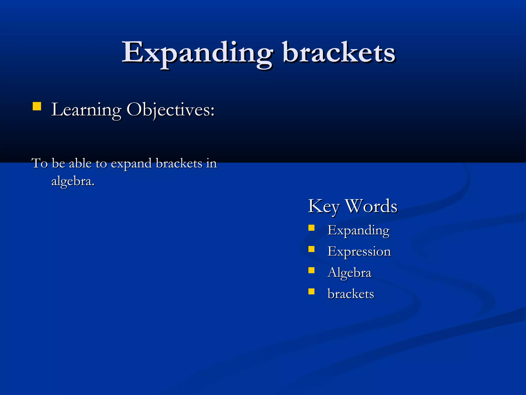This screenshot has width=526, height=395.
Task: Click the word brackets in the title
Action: tap(339, 53)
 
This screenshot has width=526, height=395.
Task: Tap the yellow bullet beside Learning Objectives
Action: tap(37, 106)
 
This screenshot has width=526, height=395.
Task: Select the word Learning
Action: tap(86, 110)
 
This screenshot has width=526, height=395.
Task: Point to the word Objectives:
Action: tap(171, 110)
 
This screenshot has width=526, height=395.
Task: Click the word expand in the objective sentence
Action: tap(131, 164)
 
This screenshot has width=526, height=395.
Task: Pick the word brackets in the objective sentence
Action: tap(179, 164)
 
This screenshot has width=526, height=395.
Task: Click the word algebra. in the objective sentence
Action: tap(73, 182)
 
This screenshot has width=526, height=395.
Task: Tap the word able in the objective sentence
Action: tap(80, 164)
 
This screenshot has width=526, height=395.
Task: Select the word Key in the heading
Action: tap(324, 206)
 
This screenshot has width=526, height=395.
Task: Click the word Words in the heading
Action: tap(371, 206)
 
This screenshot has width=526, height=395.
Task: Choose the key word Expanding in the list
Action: tap(359, 230)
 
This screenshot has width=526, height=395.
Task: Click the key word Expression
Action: tap(359, 252)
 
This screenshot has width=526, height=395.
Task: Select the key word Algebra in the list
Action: tap(349, 273)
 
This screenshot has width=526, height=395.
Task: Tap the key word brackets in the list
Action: tap(351, 294)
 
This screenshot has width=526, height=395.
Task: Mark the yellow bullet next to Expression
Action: tap(311, 249)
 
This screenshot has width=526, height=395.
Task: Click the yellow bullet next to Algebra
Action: tap(311, 270)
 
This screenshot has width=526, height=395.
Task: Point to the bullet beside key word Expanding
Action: tap(311, 228)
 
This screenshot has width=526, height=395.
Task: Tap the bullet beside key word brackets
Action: tap(311, 291)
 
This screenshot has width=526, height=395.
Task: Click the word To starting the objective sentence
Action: tap(40, 164)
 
